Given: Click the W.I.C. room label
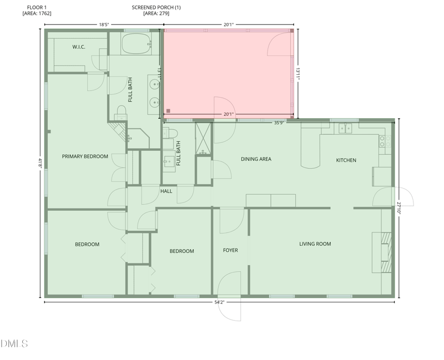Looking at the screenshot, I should pos(79,47).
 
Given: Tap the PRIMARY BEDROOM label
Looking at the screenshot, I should pos(85,156).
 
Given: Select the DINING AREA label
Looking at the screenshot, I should pos(256,159).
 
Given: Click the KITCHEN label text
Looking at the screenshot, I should pos(346,160).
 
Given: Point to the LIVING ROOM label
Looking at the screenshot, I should pos(315,244).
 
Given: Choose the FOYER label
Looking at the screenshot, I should pos(230,250).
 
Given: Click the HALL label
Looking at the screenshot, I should pos(166,191).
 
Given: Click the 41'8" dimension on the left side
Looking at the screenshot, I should pos(40,163).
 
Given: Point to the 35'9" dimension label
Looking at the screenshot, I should pos(280,123).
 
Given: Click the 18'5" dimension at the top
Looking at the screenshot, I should pos(104,24).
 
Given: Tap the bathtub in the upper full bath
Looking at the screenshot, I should pos(135,43).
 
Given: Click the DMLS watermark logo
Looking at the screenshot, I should pos(14,344).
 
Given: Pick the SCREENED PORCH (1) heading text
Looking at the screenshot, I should pos(156,7).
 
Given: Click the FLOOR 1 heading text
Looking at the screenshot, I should pos(37,7).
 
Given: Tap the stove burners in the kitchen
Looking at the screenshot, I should pos(382,141).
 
